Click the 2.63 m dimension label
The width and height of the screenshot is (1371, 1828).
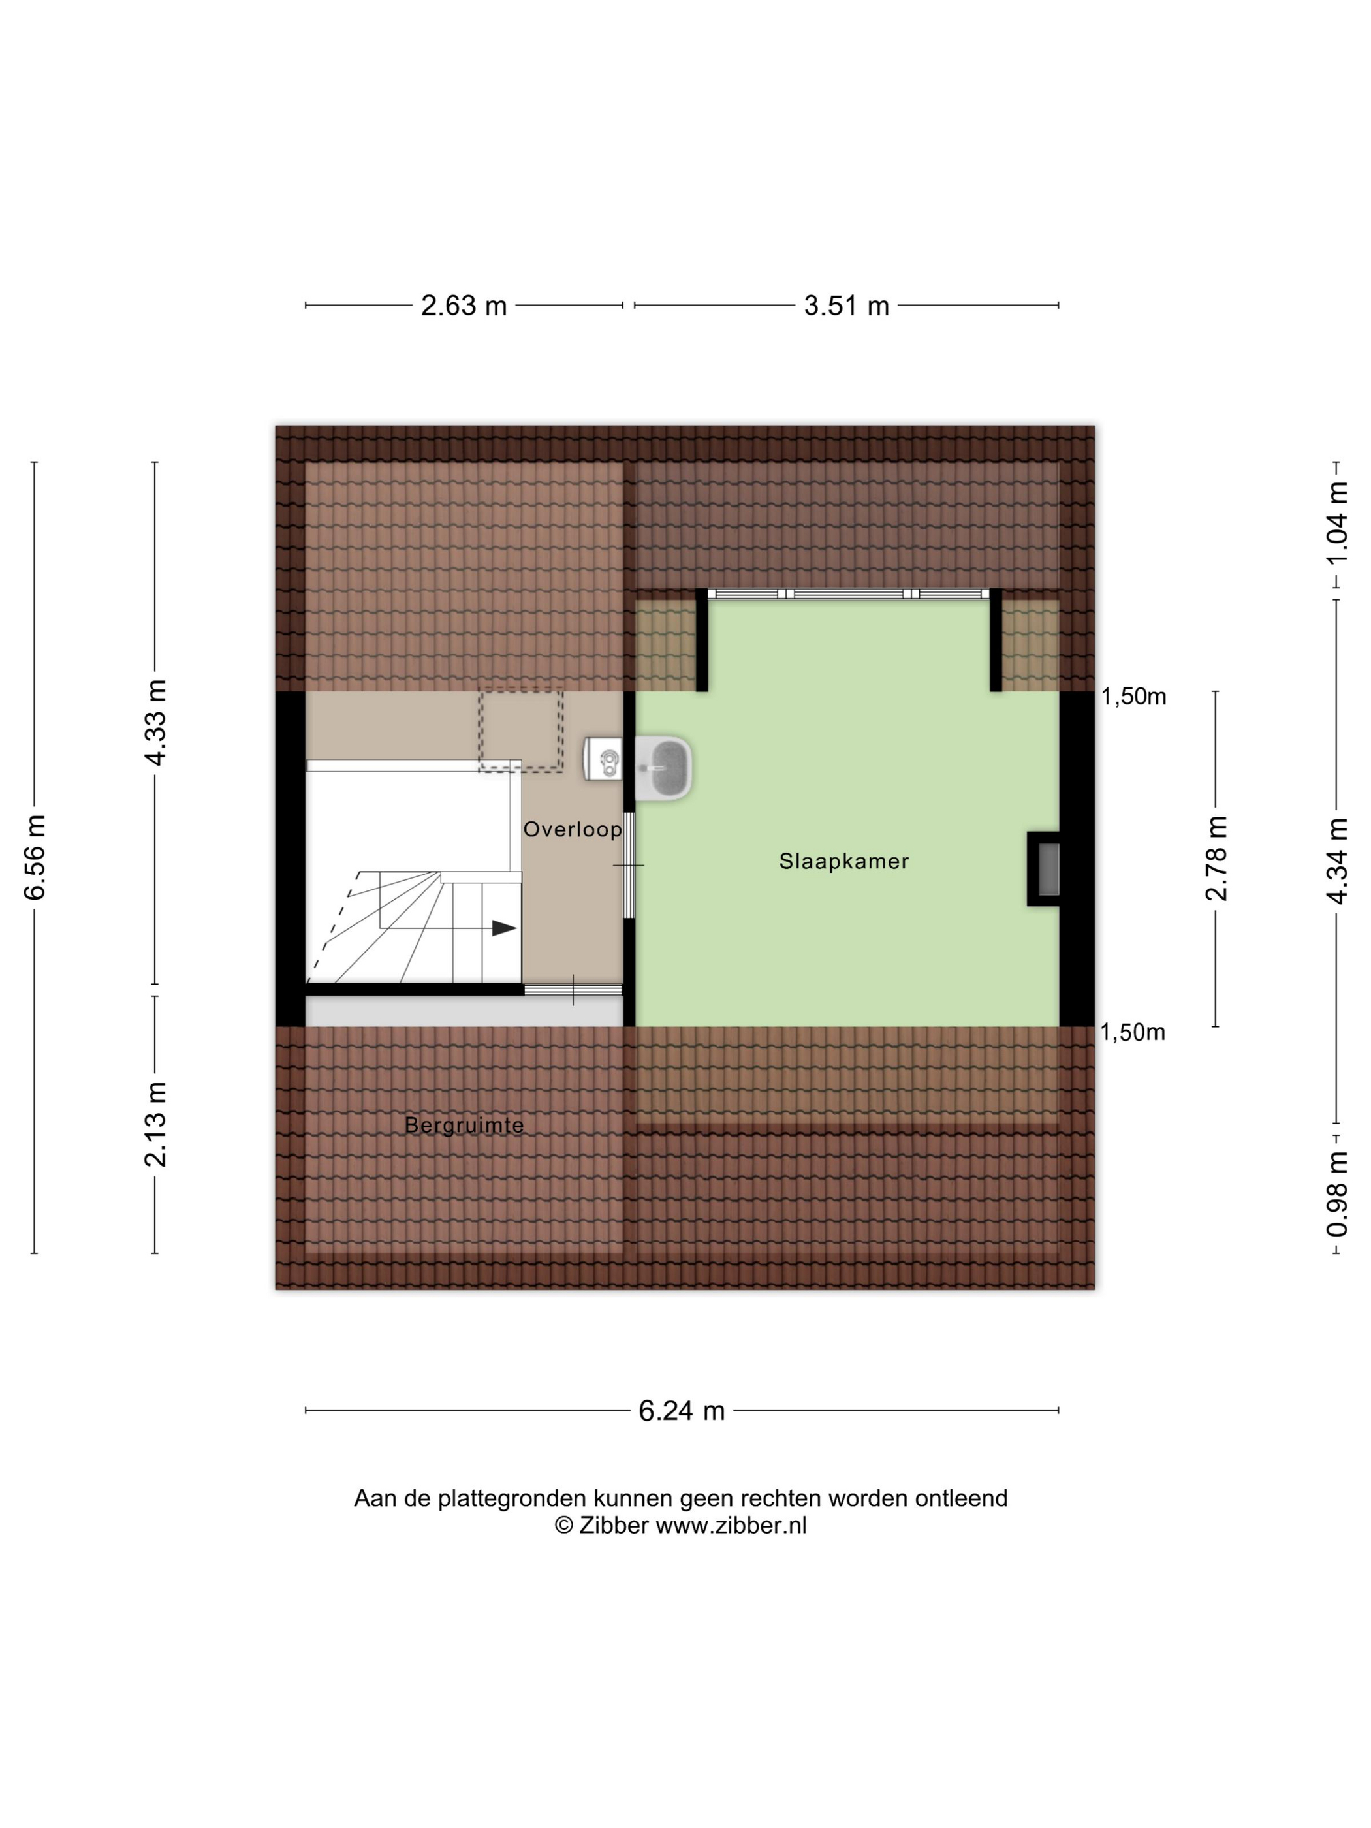pos(463,306)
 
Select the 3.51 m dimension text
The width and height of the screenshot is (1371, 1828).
pos(846,306)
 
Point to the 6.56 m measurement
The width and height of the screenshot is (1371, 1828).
pos(35,857)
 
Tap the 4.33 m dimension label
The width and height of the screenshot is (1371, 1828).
pos(155,722)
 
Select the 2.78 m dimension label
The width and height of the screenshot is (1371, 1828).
pos(1216,858)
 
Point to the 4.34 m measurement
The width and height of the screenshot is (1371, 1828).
pos(1337,860)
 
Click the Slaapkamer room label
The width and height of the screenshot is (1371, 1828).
pos(843,861)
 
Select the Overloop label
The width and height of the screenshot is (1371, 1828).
pos(573,829)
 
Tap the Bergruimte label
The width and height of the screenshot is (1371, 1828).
pos(464,1125)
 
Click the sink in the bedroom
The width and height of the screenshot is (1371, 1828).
pos(665,768)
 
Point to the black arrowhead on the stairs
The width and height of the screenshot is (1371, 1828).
pos(504,928)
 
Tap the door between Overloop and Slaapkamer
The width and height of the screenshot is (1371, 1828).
pos(629,865)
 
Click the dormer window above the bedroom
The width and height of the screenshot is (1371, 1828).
pos(849,593)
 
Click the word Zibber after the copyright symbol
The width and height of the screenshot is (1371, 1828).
pos(613,1526)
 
